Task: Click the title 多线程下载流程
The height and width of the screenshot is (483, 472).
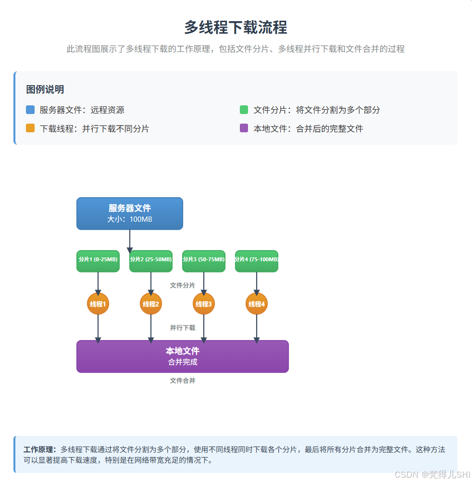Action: coord(236,27)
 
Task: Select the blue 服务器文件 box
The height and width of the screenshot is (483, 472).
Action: coord(130,214)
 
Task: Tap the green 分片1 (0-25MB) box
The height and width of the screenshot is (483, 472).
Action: coord(98,261)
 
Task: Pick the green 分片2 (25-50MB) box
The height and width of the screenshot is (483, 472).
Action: coord(151,261)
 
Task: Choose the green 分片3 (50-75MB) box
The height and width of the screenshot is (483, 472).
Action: coord(204,261)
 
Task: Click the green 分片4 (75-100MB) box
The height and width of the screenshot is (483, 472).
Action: coord(257,261)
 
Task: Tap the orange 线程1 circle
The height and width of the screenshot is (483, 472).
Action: coord(98,304)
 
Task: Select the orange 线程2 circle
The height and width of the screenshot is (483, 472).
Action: coord(151,304)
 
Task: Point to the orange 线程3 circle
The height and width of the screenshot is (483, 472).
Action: coord(204,304)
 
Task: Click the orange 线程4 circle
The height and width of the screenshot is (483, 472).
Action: coord(257,304)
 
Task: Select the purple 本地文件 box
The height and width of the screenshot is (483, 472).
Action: coord(183,356)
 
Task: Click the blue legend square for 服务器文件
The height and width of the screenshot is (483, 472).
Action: coord(30,110)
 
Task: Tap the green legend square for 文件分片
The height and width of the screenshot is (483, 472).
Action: coord(244,110)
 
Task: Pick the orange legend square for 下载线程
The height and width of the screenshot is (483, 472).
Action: coord(30,128)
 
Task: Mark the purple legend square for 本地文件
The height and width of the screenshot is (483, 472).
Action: coord(244,128)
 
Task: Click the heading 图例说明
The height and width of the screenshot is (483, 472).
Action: coord(45,89)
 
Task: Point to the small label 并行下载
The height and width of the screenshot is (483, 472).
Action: coord(183,328)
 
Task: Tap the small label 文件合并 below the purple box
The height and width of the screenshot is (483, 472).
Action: coord(183,381)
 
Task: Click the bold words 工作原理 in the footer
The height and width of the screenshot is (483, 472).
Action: coord(40,450)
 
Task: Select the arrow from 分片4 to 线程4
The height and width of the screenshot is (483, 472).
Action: coord(257,283)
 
